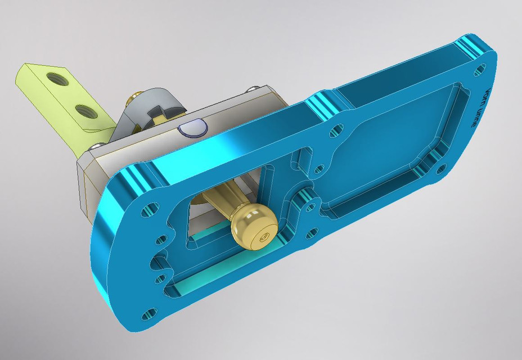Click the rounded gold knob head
[x=253, y=227]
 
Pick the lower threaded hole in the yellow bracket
[x=84, y=109]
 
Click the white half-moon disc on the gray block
[x=191, y=129]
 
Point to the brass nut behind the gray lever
[x=135, y=100]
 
